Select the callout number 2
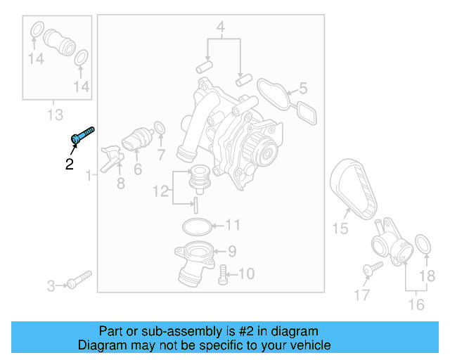69,165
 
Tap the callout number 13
55,115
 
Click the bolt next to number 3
79,279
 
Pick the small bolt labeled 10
224,274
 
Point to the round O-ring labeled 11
196,226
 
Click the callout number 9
232,250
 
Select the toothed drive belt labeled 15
354,187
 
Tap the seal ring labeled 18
423,245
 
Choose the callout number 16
416,304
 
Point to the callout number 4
220,29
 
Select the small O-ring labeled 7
160,129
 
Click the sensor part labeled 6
136,139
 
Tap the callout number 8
120,184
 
